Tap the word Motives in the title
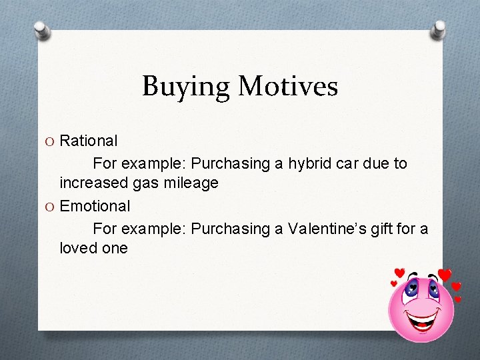pyautogui.click(x=288, y=86)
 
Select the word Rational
pyautogui.click(x=89, y=141)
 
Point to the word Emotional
pyautogui.click(x=95, y=206)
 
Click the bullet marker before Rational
pyautogui.click(x=51, y=141)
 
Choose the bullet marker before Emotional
pyautogui.click(x=51, y=207)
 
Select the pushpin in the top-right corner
pyautogui.click(x=439, y=29)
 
